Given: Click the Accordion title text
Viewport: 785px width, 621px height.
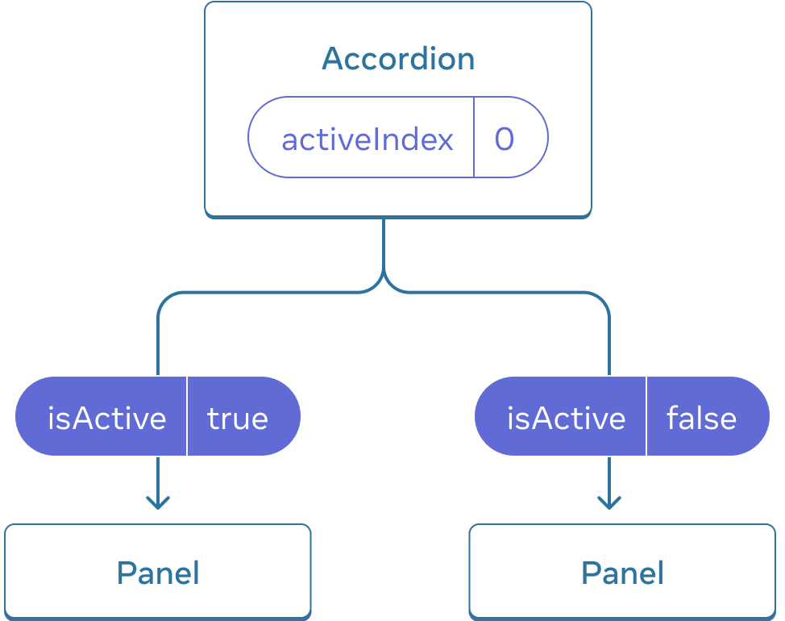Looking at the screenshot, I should [x=398, y=59].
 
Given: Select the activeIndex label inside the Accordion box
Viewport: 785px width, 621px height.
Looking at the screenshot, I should [x=368, y=140].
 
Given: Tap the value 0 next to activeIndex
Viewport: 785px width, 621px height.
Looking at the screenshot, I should [x=505, y=140].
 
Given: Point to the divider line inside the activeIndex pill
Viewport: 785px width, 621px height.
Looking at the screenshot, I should [x=474, y=137].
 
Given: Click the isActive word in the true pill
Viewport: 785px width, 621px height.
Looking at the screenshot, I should [x=106, y=419].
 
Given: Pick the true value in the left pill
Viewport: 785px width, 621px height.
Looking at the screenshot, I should [x=238, y=419].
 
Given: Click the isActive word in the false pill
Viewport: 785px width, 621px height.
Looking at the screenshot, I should [x=566, y=419].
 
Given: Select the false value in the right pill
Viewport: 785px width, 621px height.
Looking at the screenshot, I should [x=701, y=419].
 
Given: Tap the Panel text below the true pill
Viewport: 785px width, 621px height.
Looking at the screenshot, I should [x=158, y=573].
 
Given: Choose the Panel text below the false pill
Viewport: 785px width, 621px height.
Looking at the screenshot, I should [x=623, y=573].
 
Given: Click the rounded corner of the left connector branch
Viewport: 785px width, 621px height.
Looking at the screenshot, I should [x=165, y=299].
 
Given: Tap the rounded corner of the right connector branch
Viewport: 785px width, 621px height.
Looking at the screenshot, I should [x=601, y=299].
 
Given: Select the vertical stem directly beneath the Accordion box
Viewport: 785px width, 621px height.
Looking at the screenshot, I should [x=384, y=242].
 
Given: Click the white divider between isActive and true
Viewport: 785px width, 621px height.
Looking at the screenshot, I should [x=187, y=416].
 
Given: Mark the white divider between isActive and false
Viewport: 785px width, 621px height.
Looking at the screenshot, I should [x=646, y=416].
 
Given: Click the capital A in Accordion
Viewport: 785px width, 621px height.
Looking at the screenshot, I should [x=332, y=59].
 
